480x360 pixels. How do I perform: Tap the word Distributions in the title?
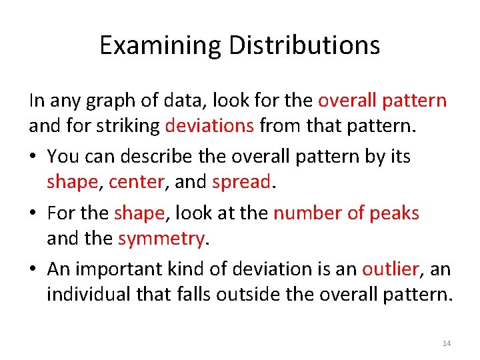coord(305,45)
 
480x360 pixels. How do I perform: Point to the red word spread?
coord(241,182)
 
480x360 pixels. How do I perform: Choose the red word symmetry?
coord(161,238)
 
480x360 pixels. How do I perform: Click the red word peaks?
coord(395,213)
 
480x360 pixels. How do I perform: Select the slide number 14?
coord(447,343)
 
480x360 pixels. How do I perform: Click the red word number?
coord(303,213)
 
